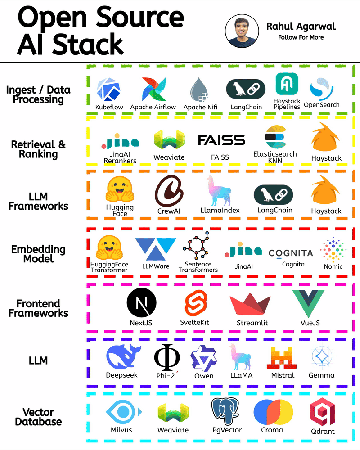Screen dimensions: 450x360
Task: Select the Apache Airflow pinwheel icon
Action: (154, 89)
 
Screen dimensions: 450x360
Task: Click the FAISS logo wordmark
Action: (221, 140)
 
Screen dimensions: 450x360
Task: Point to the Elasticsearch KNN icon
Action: (274, 137)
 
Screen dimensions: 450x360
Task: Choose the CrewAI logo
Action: (169, 189)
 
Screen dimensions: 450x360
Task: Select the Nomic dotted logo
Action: (333, 250)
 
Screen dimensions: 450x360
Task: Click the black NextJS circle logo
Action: (142, 303)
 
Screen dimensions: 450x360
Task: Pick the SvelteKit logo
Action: (195, 302)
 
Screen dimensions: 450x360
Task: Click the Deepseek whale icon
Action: (123, 357)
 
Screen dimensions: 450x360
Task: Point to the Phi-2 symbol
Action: (167, 358)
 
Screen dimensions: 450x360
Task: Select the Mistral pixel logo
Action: (281, 358)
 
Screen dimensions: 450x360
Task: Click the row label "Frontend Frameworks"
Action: (38, 308)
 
